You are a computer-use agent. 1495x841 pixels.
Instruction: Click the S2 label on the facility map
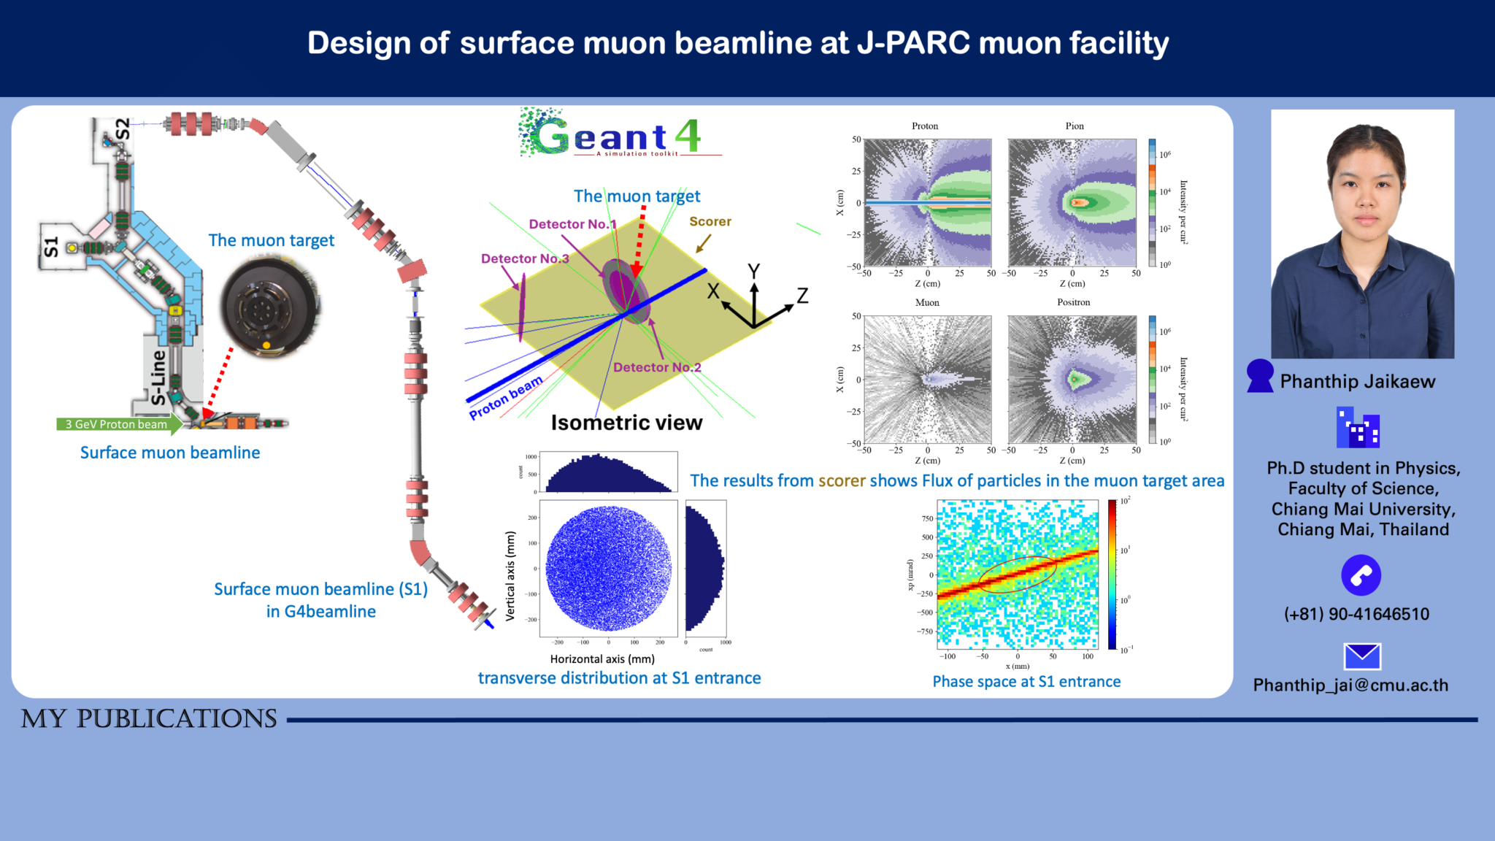[123, 129]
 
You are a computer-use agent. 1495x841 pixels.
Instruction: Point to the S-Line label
[158, 377]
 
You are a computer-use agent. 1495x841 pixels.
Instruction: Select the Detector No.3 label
[524, 258]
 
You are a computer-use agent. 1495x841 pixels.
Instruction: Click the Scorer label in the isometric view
[710, 221]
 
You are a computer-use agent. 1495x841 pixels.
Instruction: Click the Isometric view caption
[626, 423]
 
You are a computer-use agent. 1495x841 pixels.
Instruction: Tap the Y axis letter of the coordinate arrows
[754, 272]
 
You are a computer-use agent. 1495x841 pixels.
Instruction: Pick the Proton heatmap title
[924, 126]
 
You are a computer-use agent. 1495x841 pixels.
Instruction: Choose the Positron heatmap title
[1073, 302]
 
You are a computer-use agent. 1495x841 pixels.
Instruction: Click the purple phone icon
[1361, 575]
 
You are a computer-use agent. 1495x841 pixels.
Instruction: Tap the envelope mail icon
[1361, 656]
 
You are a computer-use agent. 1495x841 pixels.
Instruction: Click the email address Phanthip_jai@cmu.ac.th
[1350, 685]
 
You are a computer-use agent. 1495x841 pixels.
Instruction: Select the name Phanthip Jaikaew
[1357, 381]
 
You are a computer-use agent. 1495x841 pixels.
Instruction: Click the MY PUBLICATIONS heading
[149, 718]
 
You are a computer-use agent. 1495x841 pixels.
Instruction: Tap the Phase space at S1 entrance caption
[1026, 681]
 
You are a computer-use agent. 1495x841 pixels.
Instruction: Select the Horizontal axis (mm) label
[602, 658]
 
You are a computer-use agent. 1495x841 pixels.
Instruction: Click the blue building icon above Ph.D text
[1357, 429]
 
